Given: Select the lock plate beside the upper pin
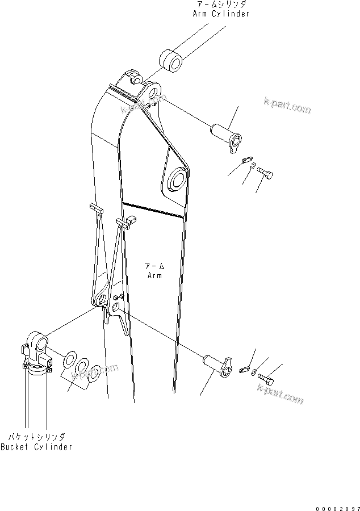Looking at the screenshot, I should coord(245,161).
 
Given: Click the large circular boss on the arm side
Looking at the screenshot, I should coord(175,181).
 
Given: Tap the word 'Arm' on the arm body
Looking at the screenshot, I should coord(154,275).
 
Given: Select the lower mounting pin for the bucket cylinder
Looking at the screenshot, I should coord(218,365).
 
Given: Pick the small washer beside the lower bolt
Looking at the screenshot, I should coord(256,372).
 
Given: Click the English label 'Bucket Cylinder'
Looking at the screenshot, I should coord(36,447).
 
